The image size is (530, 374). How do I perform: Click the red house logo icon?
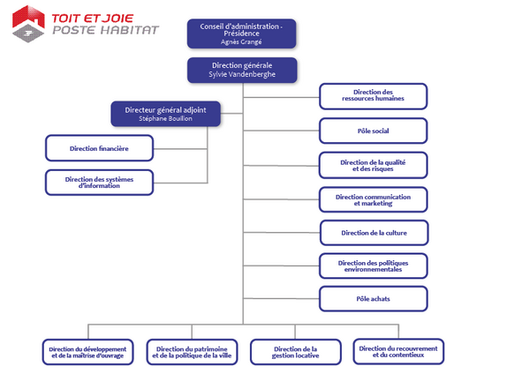(x=28, y=24)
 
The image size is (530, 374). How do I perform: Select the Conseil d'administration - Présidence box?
(x=242, y=34)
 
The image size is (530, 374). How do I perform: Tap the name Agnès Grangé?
(x=241, y=41)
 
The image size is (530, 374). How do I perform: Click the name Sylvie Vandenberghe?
(x=242, y=74)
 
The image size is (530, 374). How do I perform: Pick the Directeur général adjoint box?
(x=166, y=114)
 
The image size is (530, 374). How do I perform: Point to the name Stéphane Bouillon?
(x=166, y=118)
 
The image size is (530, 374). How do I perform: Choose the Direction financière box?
(x=99, y=148)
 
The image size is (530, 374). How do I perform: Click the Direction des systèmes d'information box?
(x=99, y=183)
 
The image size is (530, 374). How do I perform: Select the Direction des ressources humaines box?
(x=373, y=96)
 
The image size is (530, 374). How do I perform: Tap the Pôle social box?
(x=373, y=131)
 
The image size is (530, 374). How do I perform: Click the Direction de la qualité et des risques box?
(x=373, y=166)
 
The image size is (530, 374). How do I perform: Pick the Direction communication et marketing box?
(x=373, y=200)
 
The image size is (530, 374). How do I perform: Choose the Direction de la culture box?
(x=375, y=233)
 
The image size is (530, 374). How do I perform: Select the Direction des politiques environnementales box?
(x=373, y=266)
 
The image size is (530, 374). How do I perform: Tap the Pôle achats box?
(x=373, y=299)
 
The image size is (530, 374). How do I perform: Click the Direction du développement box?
(x=87, y=352)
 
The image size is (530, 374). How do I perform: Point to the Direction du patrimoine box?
(x=192, y=352)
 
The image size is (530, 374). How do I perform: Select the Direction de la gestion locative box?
(x=295, y=352)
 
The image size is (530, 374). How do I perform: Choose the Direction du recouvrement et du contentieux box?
(x=398, y=352)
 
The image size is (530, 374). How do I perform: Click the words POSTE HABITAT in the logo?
(x=105, y=30)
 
